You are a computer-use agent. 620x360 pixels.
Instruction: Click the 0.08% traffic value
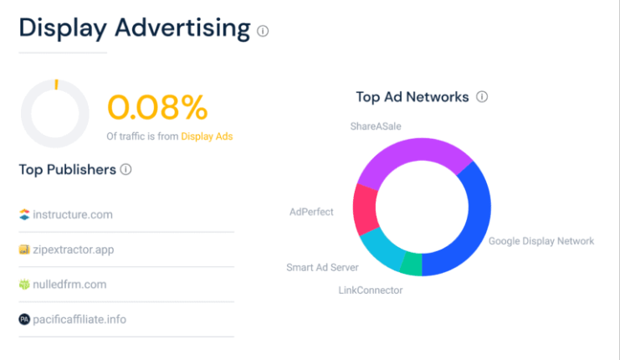click(x=156, y=107)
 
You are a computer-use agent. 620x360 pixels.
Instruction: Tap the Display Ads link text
click(x=207, y=136)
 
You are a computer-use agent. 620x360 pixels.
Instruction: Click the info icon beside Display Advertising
click(x=263, y=31)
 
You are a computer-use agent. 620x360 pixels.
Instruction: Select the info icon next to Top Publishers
click(x=126, y=170)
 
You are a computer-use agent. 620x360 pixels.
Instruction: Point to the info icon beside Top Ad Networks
click(x=482, y=97)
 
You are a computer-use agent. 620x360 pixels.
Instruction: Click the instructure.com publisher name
click(x=72, y=214)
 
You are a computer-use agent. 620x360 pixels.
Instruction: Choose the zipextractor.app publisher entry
click(x=73, y=249)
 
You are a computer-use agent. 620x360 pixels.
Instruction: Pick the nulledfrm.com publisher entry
click(x=69, y=284)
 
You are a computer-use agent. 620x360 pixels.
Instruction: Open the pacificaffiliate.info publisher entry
click(x=79, y=319)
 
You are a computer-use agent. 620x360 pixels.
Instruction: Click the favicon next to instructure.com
click(x=24, y=214)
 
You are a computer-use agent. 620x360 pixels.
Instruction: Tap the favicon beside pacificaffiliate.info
click(x=24, y=319)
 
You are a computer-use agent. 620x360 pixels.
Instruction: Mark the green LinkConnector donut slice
click(x=411, y=264)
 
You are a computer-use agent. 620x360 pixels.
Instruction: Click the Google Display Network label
click(x=541, y=241)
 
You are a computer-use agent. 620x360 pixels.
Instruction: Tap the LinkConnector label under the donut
click(x=370, y=291)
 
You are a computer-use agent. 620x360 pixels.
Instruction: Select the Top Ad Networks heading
click(x=412, y=97)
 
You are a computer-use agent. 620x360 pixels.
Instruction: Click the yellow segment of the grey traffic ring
click(x=56, y=85)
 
